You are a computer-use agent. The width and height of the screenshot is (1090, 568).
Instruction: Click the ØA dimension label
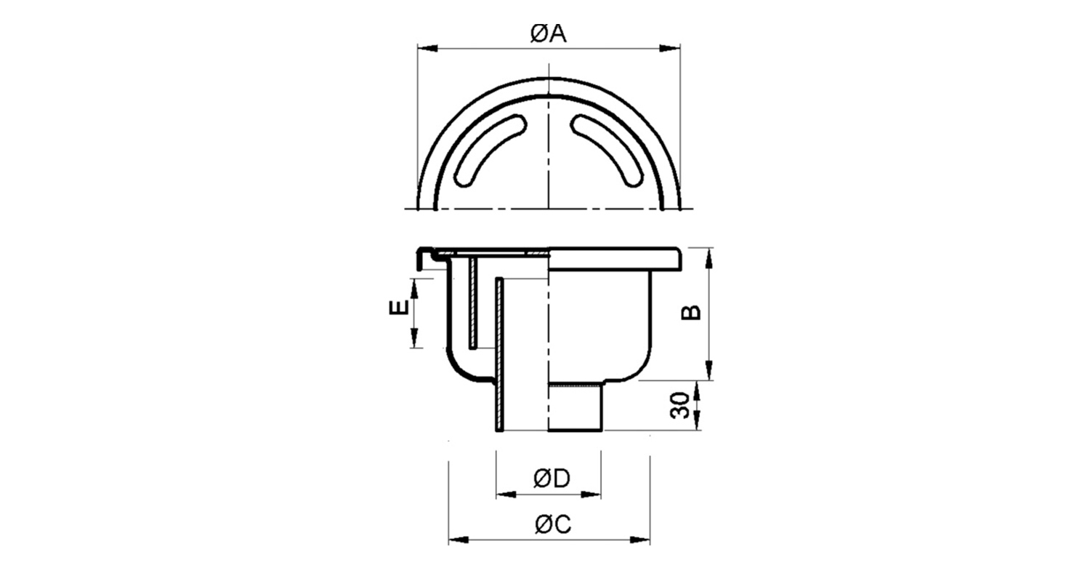[549, 34]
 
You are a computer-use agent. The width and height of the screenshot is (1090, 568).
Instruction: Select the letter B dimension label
[691, 312]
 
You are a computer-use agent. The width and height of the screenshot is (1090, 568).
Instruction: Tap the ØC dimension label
[553, 524]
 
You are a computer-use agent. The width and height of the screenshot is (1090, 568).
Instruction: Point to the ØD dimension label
[552, 479]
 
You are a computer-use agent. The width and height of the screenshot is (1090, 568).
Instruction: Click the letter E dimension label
[399, 308]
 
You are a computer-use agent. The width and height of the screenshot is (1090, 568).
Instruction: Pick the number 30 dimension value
[679, 405]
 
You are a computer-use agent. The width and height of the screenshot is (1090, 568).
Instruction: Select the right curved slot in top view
[607, 151]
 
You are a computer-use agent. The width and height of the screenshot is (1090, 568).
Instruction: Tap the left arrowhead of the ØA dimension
[428, 49]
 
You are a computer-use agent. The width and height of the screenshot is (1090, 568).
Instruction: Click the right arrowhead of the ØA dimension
[669, 49]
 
